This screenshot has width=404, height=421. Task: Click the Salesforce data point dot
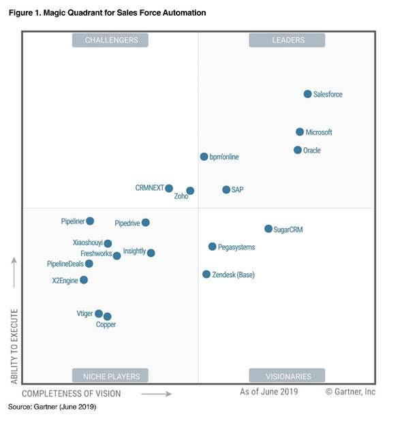click(307, 94)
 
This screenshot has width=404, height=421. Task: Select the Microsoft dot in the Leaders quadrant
click(300, 132)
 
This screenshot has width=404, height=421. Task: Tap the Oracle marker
click(298, 150)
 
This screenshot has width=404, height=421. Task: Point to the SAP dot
click(226, 189)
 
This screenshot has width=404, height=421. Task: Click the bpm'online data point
click(204, 157)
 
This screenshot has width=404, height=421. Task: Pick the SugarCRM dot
click(268, 229)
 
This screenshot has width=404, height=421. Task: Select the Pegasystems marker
click(213, 247)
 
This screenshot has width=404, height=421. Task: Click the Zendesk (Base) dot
click(206, 274)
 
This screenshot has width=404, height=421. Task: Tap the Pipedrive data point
click(145, 223)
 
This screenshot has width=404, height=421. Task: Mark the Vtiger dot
click(99, 313)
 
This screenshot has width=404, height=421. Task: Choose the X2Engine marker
click(84, 280)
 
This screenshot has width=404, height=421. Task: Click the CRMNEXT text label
click(149, 188)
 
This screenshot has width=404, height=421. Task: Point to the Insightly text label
click(134, 251)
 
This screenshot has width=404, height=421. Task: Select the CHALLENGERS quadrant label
click(112, 40)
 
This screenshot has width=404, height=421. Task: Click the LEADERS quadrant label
click(288, 40)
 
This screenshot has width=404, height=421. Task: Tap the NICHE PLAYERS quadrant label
click(111, 376)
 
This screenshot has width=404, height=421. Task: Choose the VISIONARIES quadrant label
click(288, 376)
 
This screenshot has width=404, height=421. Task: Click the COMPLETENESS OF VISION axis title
click(72, 394)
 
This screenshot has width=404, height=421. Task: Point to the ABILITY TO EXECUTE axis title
click(14, 345)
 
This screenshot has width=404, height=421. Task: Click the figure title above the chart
click(108, 13)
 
